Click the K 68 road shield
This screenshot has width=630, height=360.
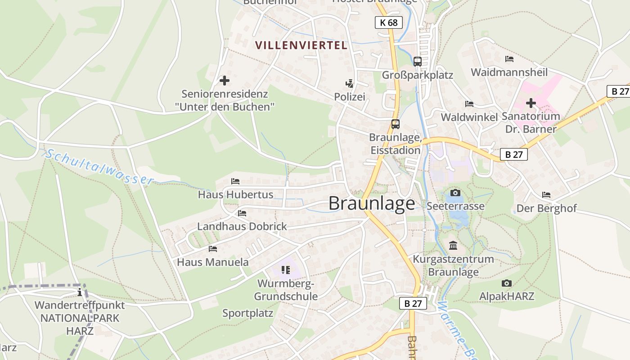[388, 22]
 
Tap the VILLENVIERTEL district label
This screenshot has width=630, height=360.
[301, 45]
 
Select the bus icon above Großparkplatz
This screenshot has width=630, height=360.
[418, 61]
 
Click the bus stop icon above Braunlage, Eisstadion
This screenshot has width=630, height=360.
[395, 124]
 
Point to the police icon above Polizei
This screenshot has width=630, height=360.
[349, 83]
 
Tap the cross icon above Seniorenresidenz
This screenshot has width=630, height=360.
[224, 81]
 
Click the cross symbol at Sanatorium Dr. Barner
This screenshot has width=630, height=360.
[531, 103]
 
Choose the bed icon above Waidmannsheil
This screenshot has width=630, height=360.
[509, 59]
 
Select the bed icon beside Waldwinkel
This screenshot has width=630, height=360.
[469, 104]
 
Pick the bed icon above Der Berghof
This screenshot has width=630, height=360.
[546, 195]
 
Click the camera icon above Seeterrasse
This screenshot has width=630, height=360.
[455, 193]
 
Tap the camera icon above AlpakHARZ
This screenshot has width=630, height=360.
[507, 283]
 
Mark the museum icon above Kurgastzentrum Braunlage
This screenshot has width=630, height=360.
[453, 246]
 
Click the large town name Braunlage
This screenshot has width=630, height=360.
[372, 203]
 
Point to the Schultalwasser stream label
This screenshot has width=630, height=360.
[99, 166]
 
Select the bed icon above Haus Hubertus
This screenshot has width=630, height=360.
[235, 181]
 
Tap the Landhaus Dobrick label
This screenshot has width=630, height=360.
[242, 226]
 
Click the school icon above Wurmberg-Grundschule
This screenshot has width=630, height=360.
[285, 270]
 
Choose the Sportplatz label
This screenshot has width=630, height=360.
[248, 313]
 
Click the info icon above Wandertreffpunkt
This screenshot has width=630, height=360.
[80, 292]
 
